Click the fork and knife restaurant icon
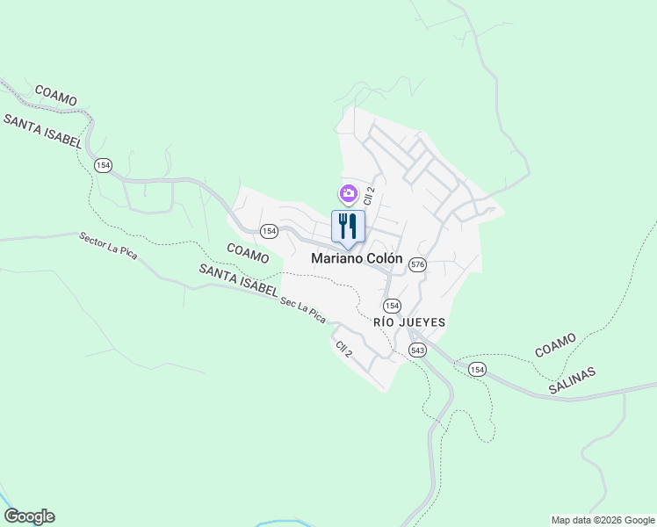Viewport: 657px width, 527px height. point(348,227)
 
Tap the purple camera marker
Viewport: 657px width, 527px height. point(349,193)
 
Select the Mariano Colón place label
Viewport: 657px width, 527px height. point(357,259)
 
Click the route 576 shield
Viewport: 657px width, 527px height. point(417,264)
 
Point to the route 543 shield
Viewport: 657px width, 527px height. point(417,350)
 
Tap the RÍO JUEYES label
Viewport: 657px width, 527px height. point(409,322)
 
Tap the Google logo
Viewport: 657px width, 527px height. point(29,516)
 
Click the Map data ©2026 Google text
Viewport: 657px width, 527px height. point(603,520)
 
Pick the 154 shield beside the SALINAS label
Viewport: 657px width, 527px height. point(477,368)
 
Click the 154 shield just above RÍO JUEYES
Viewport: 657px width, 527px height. point(392,305)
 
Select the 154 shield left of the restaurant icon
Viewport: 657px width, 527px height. point(269,230)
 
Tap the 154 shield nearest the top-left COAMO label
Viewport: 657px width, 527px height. point(104,165)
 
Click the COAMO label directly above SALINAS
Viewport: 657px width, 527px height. point(554,345)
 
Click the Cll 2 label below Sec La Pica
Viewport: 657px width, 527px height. point(343,349)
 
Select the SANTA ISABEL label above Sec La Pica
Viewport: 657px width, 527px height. point(238,280)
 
